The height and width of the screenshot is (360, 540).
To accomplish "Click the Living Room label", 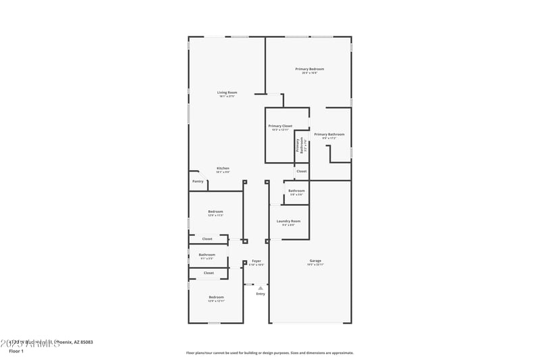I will click(x=227, y=93).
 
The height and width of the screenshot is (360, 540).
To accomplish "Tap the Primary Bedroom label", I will click(x=310, y=69).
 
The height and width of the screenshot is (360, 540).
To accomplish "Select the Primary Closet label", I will click(x=280, y=126).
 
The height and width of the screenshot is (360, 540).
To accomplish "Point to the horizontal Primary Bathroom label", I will click(x=329, y=134).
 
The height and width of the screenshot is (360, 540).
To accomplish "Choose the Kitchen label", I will click(x=223, y=168).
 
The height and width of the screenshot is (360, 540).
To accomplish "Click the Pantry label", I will click(x=198, y=181).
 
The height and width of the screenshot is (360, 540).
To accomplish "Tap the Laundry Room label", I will click(x=288, y=221).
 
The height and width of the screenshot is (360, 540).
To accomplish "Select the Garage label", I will click(x=315, y=261).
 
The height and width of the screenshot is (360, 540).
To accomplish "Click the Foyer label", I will click(x=256, y=261).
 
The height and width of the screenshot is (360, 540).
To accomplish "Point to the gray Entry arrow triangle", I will click(x=261, y=287).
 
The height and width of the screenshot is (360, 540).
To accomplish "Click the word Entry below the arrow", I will click(x=261, y=294).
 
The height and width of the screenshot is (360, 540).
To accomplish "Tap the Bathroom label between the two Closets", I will click(x=207, y=255).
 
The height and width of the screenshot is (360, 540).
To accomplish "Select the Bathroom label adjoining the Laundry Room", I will click(x=296, y=190).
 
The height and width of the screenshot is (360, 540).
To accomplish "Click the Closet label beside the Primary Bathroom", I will click(x=301, y=171).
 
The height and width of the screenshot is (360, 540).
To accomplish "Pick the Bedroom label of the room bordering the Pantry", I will click(x=215, y=211).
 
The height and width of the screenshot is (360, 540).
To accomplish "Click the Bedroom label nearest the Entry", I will click(x=216, y=297).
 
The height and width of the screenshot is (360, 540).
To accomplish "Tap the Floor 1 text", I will click(x=16, y=351).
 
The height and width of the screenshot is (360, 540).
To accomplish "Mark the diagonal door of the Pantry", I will click(x=194, y=174).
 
